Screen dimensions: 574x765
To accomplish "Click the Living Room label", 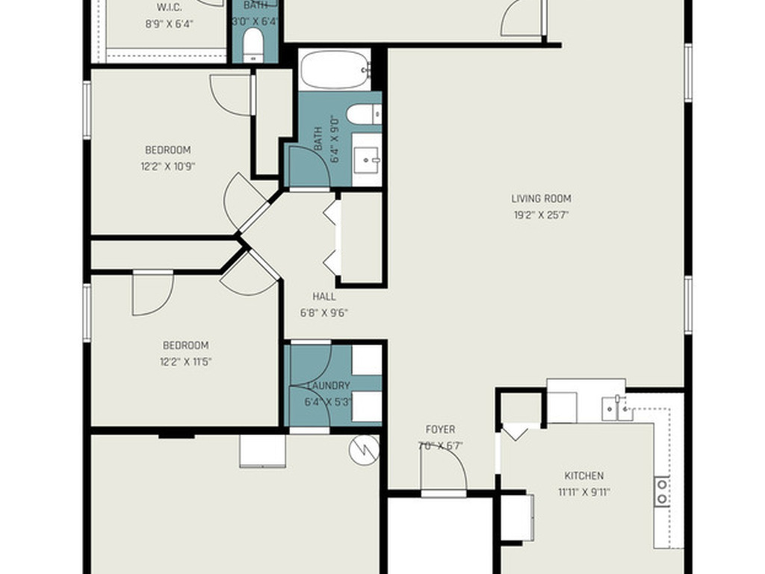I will [x=541, y=199].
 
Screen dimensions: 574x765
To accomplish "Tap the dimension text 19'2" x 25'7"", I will [x=541, y=215].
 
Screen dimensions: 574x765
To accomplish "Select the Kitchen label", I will [x=583, y=475].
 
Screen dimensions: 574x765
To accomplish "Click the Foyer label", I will [x=440, y=430].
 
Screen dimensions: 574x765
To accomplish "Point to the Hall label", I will [x=323, y=297].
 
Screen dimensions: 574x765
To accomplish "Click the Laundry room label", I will [x=328, y=386].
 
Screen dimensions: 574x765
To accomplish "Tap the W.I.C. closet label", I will [x=170, y=7].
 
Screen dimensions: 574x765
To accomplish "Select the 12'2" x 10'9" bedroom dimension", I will [x=169, y=166].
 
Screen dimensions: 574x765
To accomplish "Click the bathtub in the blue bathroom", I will [x=335, y=70].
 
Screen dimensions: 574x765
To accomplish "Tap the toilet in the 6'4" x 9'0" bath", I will [x=365, y=114].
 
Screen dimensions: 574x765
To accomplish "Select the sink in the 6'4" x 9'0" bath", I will [x=366, y=158].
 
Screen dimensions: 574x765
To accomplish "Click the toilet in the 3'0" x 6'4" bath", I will [x=254, y=46].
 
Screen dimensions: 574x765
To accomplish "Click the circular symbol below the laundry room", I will [x=364, y=448].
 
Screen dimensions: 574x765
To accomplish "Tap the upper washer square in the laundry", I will [x=366, y=359].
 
